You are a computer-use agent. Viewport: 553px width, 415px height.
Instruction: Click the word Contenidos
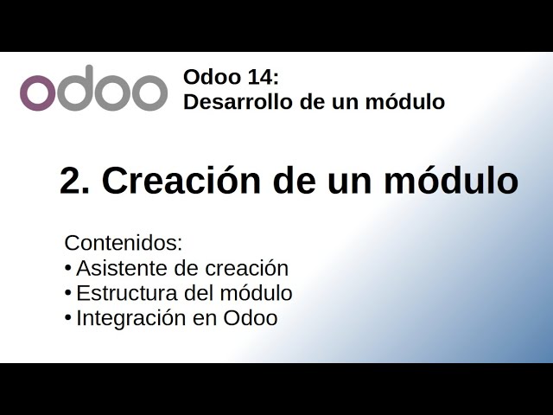coord(124,243)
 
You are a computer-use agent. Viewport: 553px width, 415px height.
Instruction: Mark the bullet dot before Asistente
coord(67,267)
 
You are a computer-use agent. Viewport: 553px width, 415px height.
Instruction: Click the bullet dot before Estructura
coord(67,292)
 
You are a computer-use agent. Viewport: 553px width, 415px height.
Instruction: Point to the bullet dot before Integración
coord(67,317)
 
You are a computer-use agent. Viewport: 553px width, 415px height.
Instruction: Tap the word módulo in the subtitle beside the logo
coord(407,102)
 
